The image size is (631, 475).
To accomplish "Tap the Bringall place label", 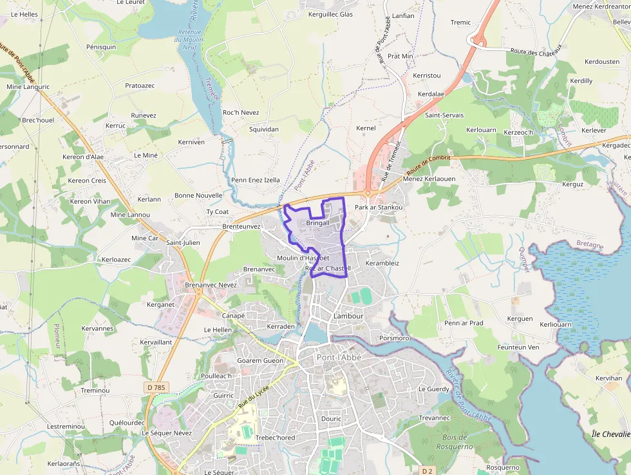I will tap(318, 223).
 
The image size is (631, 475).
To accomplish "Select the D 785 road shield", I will tap(155, 387).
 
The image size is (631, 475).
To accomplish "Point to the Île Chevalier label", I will tap(610, 434).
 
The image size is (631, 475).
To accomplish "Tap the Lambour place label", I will tap(348, 316).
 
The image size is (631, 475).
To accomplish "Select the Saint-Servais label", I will tap(444, 115).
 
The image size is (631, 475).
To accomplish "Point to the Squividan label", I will tap(264, 129).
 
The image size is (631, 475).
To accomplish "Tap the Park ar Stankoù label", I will tap(379, 208).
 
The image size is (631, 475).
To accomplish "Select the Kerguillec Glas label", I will tap(331, 14).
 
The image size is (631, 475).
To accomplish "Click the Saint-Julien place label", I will tap(183, 242).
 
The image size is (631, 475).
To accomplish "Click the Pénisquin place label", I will tap(101, 47).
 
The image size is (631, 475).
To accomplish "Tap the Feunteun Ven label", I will tap(518, 347).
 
